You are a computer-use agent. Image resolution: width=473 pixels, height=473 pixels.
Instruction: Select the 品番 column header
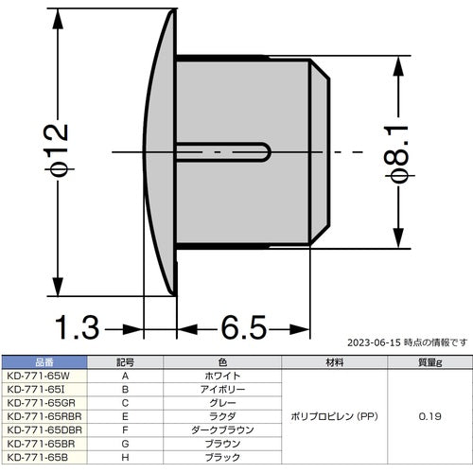click(x=44, y=361)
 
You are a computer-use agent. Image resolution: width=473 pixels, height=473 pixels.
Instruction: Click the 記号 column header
click(x=126, y=361)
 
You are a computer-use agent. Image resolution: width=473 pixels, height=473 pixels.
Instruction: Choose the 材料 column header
click(x=334, y=361)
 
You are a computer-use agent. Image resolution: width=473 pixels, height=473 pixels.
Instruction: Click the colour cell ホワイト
click(x=222, y=375)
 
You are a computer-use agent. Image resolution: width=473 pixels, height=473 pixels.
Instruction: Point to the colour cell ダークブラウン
click(x=222, y=429)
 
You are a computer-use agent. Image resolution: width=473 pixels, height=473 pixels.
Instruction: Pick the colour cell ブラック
click(x=222, y=456)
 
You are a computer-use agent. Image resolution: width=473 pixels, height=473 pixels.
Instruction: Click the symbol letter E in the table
click(x=126, y=415)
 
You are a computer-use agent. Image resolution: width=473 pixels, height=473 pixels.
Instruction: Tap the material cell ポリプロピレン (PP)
click(x=334, y=415)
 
